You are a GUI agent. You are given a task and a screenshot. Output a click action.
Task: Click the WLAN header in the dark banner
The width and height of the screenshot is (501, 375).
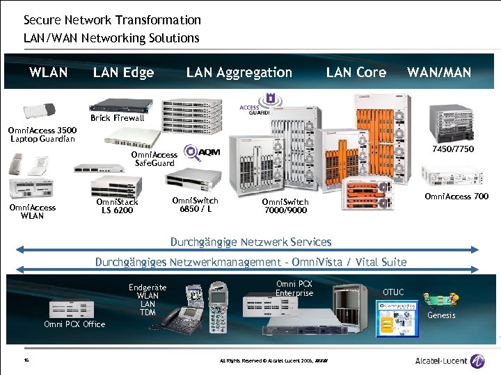coord(49,72)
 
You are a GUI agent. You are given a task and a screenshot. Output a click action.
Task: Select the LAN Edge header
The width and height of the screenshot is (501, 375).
coord(123,72)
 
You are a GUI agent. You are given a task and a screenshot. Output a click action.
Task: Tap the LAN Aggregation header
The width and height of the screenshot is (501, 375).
coord(239,72)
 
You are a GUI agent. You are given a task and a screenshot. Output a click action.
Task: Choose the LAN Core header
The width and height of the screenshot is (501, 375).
coord(356,72)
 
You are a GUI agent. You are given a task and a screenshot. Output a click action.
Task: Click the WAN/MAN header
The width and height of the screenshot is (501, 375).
coord(439,72)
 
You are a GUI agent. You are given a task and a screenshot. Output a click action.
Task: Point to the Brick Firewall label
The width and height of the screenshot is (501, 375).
coord(118,118)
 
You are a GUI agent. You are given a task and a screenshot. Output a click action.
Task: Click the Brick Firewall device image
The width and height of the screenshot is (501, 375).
coord(120,105)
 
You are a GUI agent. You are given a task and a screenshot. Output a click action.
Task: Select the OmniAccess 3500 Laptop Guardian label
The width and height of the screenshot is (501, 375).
coord(42,134)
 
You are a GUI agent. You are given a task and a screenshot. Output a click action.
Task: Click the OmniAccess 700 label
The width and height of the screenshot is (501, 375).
coord(456,197)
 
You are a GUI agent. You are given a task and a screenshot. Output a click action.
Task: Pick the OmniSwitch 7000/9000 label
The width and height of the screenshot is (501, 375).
coord(285,206)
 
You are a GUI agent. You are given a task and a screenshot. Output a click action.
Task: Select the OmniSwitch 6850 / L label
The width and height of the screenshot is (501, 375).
coord(195,205)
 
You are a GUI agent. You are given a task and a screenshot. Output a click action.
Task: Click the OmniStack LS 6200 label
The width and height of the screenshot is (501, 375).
coord(117,206)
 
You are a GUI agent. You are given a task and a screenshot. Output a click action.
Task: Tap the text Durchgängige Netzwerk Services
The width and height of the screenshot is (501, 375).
coord(250,242)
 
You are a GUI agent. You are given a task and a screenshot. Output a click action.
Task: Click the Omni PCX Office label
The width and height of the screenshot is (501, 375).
coord(74,324)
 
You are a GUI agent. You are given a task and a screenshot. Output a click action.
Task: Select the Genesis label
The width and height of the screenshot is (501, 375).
coord(441,315)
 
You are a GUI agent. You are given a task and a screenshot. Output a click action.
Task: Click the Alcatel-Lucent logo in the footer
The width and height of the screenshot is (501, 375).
coord(450,360)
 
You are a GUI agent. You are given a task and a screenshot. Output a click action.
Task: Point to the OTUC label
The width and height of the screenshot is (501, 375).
coord(393,292)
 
